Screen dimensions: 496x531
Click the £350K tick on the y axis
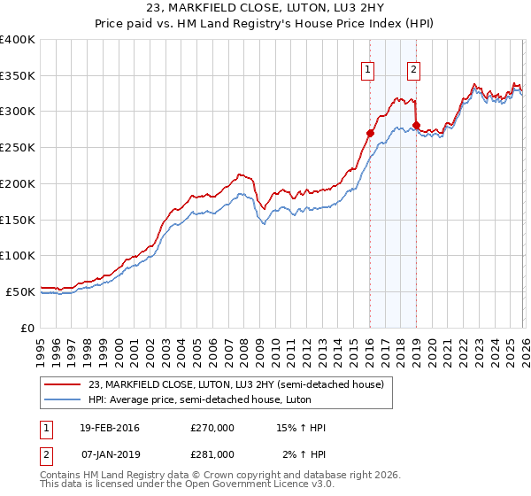pyautogui.click(x=18, y=76)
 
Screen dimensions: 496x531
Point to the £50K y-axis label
pyautogui.click(x=20, y=291)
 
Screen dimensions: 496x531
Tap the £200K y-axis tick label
pyautogui.click(x=18, y=183)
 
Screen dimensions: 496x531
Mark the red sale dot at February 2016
pyautogui.click(x=370, y=133)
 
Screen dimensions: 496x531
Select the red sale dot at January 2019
pyautogui.click(x=416, y=125)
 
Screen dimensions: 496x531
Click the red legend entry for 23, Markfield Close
pyautogui.click(x=235, y=384)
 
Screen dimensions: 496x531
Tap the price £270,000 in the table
pyautogui.click(x=212, y=429)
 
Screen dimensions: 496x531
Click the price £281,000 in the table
pyautogui.click(x=212, y=453)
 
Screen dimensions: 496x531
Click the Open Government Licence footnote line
pyautogui.click(x=187, y=485)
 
